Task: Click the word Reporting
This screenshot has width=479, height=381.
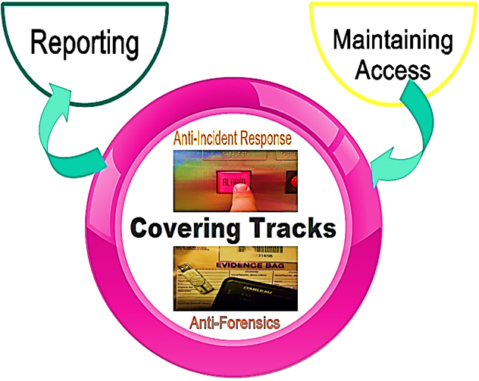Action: coord(85,43)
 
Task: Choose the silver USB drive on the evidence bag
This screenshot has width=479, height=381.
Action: coord(195,283)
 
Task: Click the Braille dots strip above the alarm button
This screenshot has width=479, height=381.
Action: coord(227,161)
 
